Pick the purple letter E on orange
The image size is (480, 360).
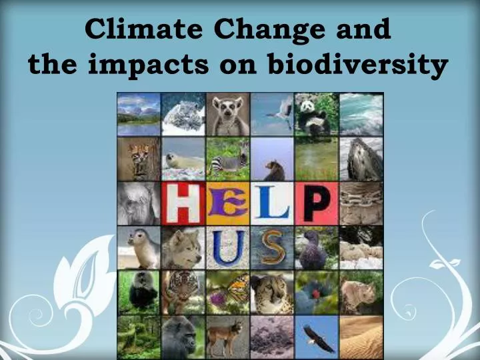point(227,203)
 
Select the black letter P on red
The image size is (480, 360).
point(317,203)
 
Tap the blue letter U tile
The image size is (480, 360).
point(227,248)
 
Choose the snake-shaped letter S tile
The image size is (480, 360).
point(272,248)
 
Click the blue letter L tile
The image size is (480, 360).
point(272,203)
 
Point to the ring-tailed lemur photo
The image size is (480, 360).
point(227,114)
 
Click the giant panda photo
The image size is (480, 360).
point(317,114)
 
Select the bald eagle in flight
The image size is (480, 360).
point(317,337)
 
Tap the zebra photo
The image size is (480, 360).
point(227,159)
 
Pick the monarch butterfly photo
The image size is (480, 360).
point(227,292)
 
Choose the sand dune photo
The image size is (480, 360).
point(361,337)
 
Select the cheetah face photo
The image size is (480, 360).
point(272,292)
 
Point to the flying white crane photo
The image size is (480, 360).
point(272,114)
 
